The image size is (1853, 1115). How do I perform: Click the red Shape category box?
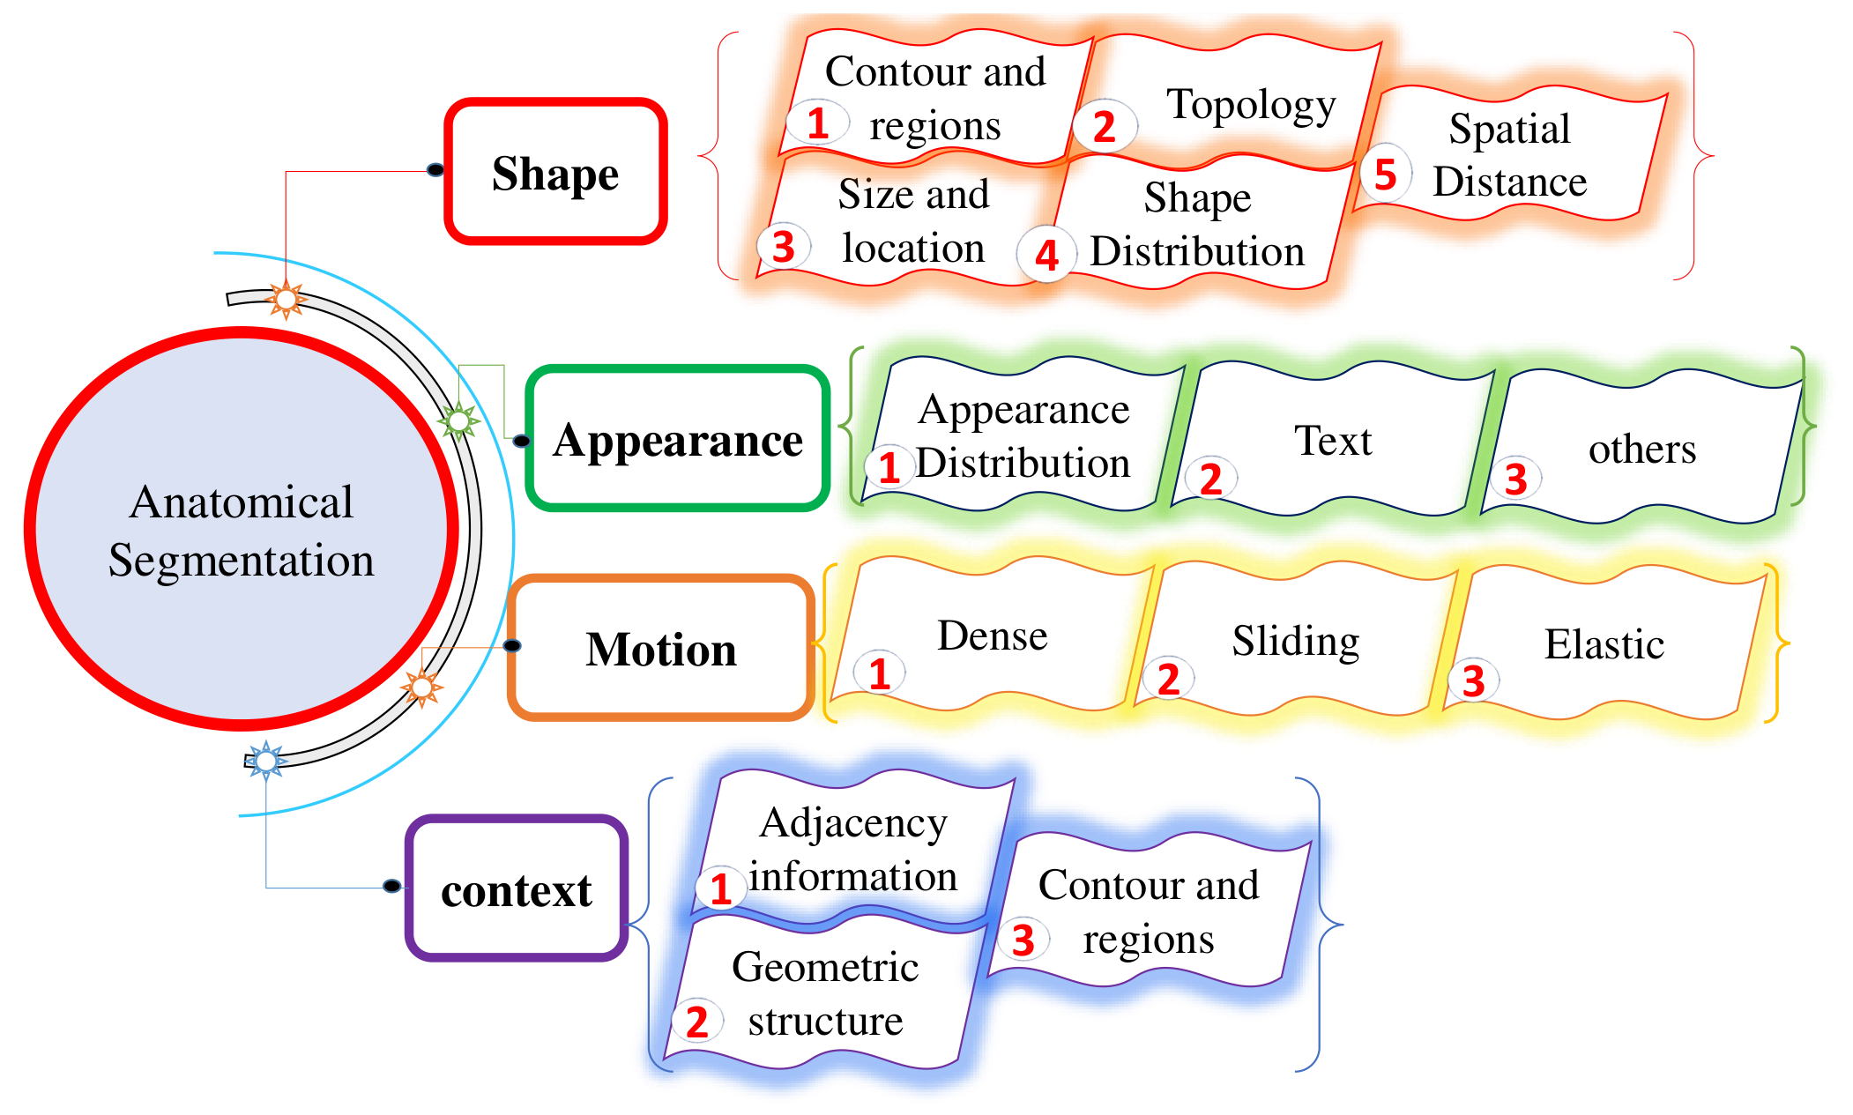555,171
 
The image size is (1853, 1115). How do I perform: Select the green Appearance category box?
678,438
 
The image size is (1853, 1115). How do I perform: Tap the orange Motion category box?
660,648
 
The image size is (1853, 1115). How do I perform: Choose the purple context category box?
517,888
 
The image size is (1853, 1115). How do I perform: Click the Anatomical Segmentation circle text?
242,531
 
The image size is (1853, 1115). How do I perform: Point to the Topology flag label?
1251,106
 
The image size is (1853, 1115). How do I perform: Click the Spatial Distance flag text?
1510,155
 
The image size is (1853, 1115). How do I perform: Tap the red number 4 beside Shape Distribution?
1046,256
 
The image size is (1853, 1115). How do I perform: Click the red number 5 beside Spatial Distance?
1385,175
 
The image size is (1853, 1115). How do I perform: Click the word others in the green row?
1642,450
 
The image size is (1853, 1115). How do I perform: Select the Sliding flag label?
1296,641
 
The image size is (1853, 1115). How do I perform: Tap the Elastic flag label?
1604,644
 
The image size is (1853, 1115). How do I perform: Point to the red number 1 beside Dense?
879,674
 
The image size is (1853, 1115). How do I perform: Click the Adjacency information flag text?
853,850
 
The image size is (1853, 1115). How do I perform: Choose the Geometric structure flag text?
826,993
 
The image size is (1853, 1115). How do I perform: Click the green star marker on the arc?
458,421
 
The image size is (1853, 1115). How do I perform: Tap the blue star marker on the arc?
265,760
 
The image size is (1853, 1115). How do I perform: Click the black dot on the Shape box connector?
435,169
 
